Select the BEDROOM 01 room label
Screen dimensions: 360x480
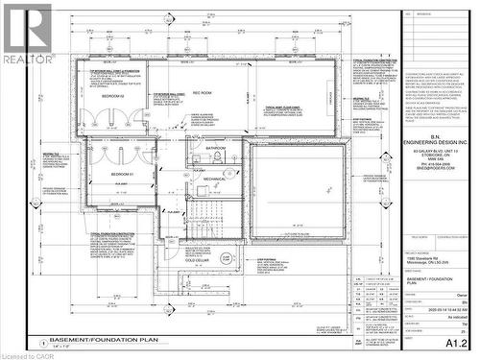(122, 173)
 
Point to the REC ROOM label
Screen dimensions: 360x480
(203, 93)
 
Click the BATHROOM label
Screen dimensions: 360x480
(216, 148)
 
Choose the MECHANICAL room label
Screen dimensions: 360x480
(214, 179)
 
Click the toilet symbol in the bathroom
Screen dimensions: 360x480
(220, 157)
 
